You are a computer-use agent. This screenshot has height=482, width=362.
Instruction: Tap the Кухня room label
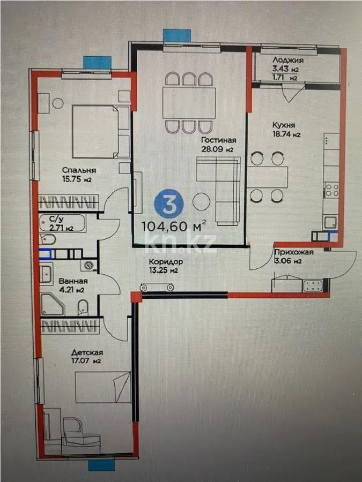coord(286,125)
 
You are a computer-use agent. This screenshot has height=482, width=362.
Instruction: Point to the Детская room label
coord(87,352)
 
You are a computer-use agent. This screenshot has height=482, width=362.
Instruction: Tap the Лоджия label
coord(288,61)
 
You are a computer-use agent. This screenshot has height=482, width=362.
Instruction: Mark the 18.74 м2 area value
coord(286,135)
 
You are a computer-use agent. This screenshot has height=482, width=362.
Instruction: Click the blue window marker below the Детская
coord(99,465)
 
